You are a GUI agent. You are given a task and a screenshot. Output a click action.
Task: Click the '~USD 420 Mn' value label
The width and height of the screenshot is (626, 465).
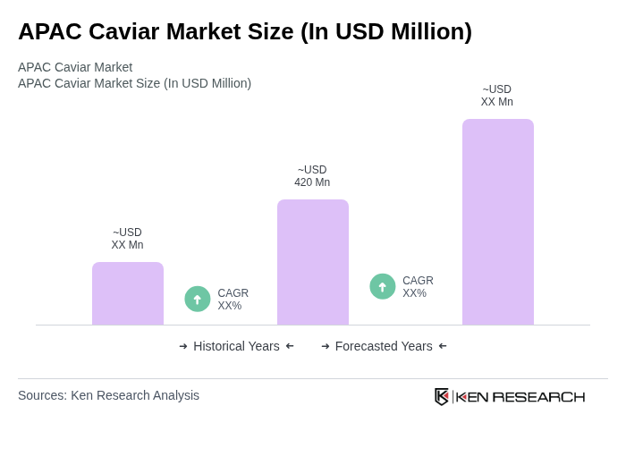coord(312,176)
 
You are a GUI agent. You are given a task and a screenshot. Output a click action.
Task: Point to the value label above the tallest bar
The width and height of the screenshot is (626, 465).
coord(497,96)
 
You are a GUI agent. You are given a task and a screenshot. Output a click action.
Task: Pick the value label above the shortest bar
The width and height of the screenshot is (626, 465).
coord(127,239)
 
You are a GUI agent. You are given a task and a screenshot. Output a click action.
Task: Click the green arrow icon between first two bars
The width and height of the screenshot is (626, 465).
coord(198,299)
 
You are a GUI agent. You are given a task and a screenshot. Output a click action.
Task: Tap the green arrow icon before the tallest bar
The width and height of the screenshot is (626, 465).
coord(383,286)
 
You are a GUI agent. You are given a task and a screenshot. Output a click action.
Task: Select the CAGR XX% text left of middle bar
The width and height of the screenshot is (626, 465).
coord(233,300)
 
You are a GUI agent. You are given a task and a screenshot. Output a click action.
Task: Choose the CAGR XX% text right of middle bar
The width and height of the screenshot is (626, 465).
coord(418,287)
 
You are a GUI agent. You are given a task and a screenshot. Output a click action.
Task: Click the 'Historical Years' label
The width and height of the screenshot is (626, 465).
coord(236,346)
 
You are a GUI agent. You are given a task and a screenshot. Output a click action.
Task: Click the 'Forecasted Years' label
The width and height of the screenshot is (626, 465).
coord(384,346)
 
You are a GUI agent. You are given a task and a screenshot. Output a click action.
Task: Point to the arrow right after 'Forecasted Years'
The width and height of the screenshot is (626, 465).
coord(443,346)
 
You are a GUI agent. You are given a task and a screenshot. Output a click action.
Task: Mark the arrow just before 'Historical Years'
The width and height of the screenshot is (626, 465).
coord(183,346)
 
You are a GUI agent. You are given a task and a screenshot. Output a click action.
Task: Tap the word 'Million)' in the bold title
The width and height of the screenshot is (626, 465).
coord(427,31)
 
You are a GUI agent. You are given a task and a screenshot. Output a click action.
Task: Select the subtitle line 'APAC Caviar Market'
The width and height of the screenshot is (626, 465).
coord(75,67)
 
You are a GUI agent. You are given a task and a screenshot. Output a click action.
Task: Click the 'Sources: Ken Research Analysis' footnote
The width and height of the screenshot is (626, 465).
coord(108,395)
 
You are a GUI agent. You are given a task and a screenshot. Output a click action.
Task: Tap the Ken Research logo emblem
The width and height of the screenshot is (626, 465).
coord(442,396)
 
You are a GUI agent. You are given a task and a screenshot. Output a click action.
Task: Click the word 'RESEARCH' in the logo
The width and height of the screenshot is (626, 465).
coord(538,397)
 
